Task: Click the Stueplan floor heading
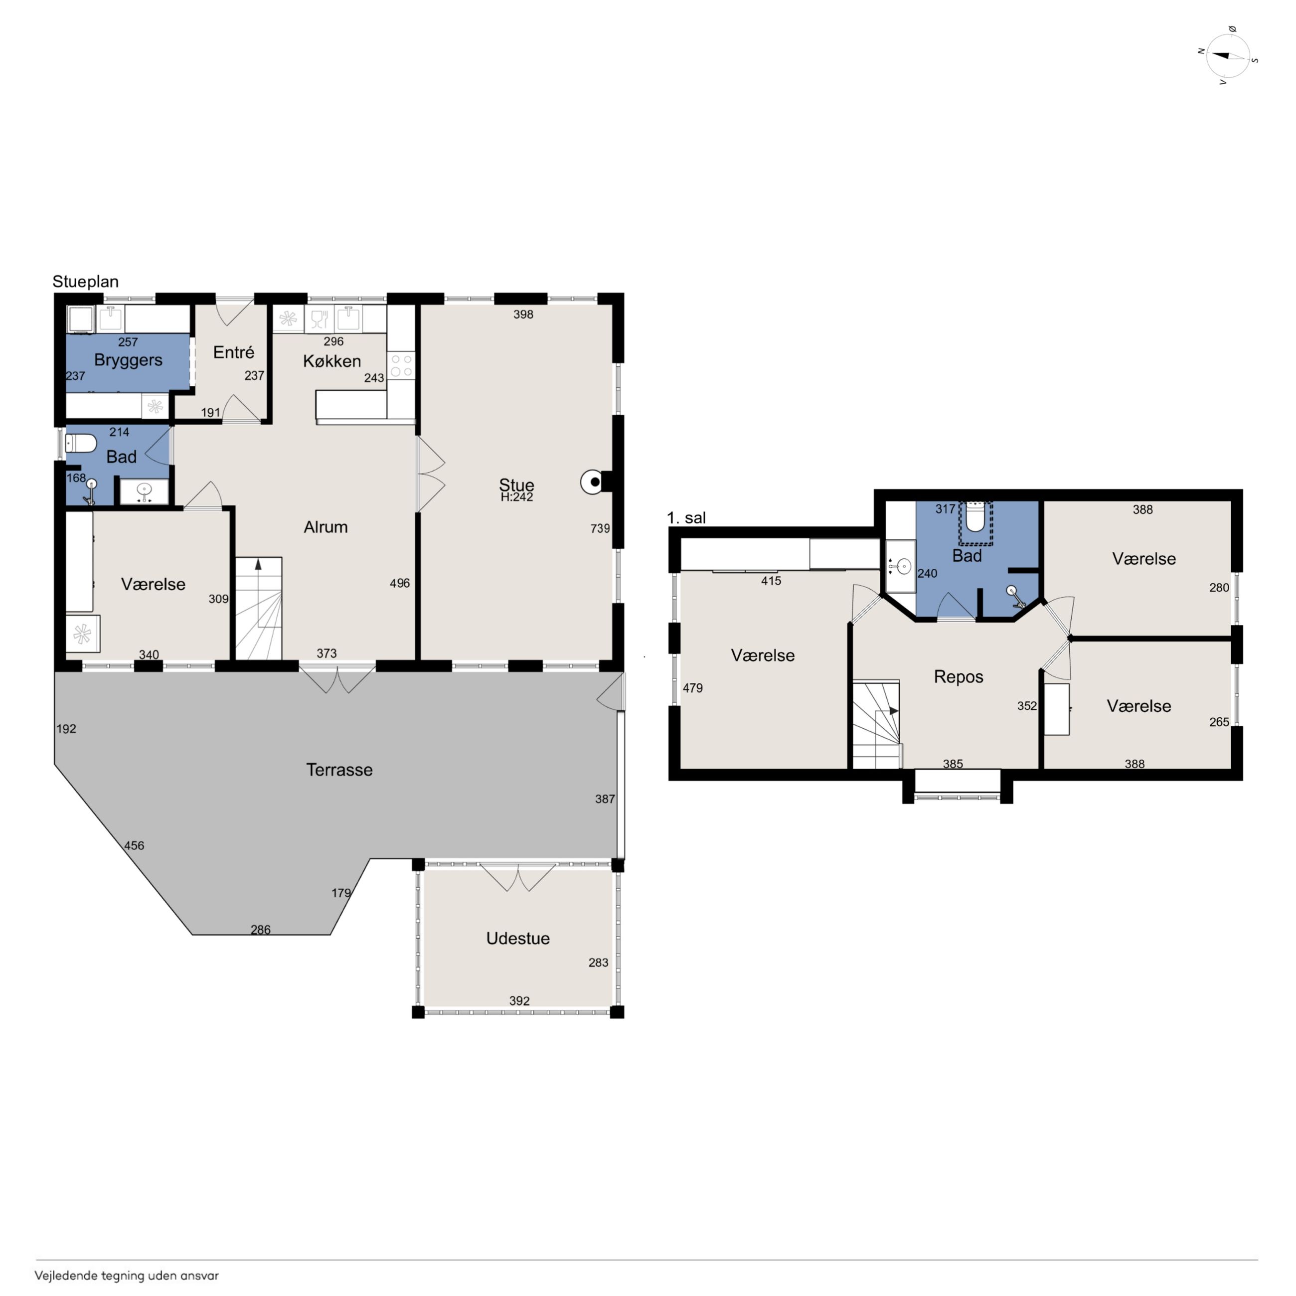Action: coord(85,282)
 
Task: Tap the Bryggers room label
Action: coord(128,360)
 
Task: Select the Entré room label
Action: coord(233,352)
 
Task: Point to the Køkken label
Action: coord(332,361)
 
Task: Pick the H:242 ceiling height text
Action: coord(516,497)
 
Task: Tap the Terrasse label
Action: coord(339,770)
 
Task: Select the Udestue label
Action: coord(518,939)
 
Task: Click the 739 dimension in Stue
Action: coord(600,528)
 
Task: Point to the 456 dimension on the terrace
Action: coord(134,845)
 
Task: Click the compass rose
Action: coord(1228,56)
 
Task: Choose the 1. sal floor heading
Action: coord(686,518)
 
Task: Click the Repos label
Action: coord(959,676)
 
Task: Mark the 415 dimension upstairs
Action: coord(771,581)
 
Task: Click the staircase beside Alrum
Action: coord(258,609)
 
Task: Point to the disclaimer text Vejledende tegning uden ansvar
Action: coord(127,1276)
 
